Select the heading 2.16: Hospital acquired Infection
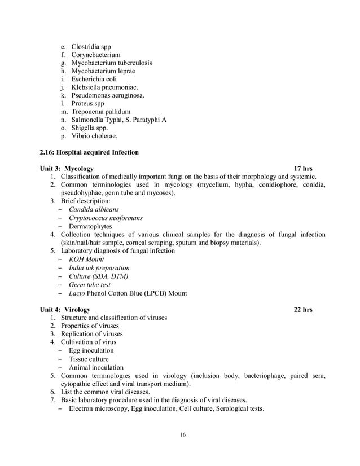89,152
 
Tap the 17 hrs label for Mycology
303,169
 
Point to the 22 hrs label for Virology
303,310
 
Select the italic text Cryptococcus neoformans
106,218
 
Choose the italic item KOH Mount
86,260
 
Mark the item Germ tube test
90,285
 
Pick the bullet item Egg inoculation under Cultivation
91,351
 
